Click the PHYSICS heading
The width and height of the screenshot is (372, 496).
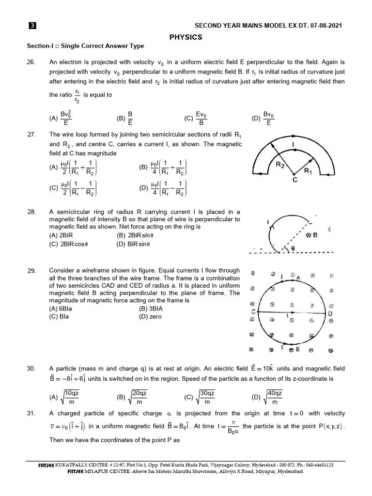186,37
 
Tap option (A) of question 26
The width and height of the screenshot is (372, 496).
62,117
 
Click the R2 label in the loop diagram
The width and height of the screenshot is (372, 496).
280,165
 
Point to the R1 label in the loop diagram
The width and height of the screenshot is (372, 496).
308,171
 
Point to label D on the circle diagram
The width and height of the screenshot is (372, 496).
330,313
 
